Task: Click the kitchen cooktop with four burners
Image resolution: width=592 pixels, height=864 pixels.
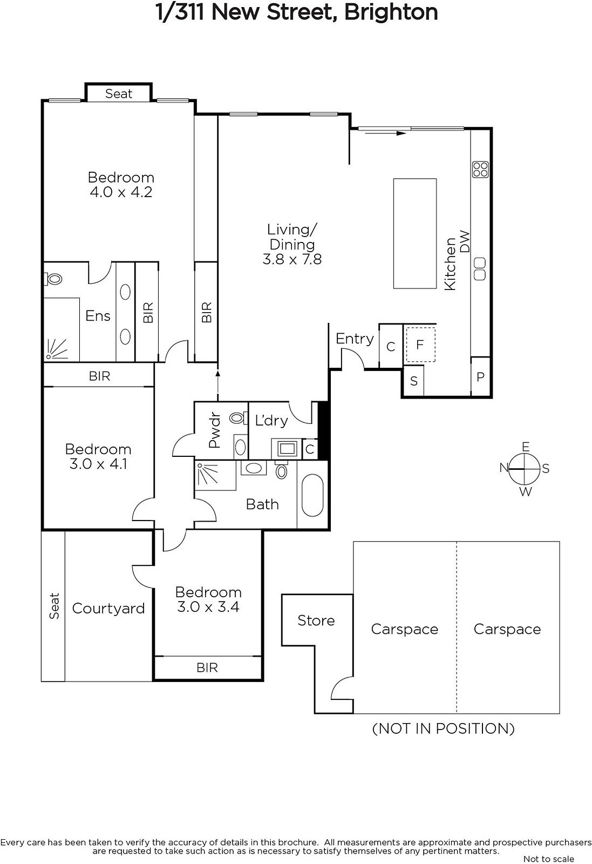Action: point(480,170)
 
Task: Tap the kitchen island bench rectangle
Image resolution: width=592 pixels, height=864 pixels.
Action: point(414,233)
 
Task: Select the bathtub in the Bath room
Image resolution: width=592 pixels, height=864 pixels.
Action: point(312,495)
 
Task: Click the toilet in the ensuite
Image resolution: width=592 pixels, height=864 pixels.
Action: point(53,279)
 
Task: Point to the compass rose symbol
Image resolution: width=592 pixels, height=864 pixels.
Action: point(524,469)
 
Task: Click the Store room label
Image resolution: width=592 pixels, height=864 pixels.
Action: point(316,620)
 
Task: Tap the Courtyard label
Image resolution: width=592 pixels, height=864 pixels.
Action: point(108,608)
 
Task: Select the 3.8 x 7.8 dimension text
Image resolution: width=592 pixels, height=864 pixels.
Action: point(292,259)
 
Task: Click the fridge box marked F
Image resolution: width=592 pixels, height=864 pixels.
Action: point(420,345)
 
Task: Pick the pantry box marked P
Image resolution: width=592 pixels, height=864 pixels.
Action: point(480,376)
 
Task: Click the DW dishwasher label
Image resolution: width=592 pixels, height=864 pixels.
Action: point(465,242)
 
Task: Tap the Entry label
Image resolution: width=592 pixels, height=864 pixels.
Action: point(355,339)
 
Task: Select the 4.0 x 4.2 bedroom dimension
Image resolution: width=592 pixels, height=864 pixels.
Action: point(121,192)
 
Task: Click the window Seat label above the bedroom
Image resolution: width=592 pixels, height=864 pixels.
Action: point(119,94)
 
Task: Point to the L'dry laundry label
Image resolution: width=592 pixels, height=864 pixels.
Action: point(271,420)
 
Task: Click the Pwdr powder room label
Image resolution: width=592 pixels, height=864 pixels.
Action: point(214,430)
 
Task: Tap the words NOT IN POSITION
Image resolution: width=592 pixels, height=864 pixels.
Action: point(443,728)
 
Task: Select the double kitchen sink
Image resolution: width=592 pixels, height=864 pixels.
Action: point(480,269)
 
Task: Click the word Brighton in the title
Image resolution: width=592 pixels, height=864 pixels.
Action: point(391,12)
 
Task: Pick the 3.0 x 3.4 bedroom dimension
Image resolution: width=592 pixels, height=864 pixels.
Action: point(208,607)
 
